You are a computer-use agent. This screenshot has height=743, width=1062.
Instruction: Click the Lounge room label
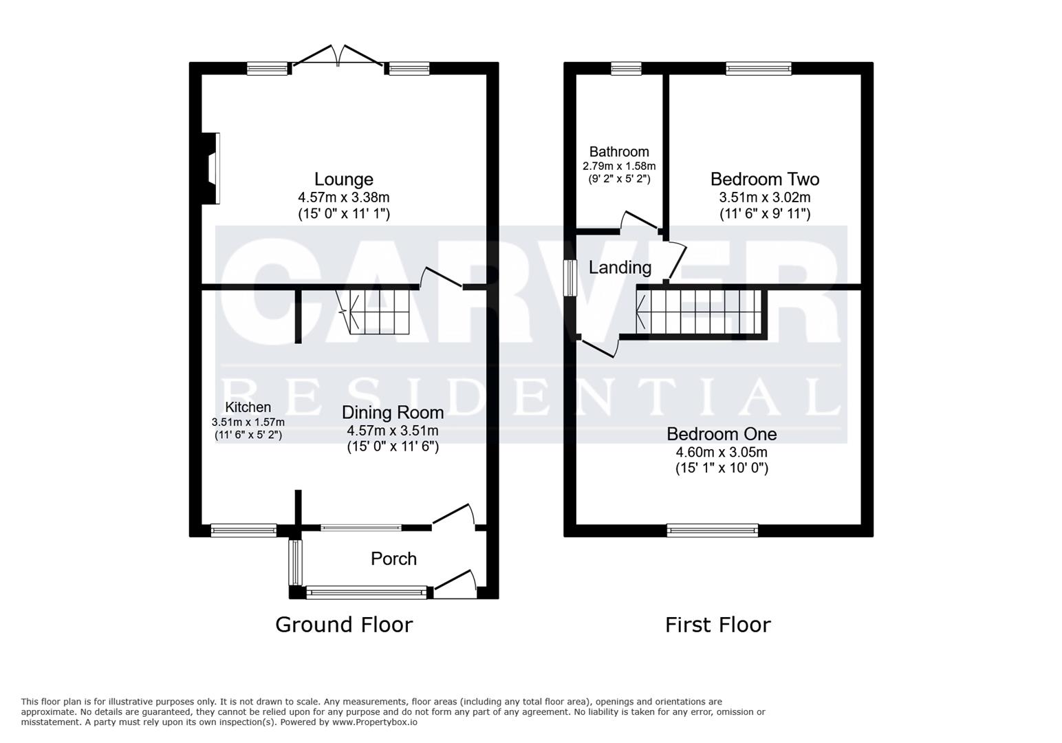[344, 180]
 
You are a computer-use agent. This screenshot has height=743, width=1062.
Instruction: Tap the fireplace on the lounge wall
[213, 169]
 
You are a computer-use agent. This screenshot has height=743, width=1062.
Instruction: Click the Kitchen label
[248, 407]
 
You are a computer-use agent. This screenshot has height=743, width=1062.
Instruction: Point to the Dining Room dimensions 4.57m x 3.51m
[392, 431]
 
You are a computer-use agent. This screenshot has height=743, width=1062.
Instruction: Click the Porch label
[393, 559]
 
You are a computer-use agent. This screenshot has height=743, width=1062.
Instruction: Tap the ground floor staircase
[378, 311]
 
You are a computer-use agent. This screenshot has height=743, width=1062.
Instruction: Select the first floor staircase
[700, 312]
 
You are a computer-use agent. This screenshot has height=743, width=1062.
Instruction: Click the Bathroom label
[619, 152]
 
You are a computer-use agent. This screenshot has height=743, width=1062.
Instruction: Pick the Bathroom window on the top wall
[626, 68]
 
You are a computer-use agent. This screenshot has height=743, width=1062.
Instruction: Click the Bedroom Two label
[764, 180]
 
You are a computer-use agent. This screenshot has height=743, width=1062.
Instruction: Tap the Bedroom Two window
[758, 68]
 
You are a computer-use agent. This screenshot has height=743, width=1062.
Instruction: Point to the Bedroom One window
[713, 530]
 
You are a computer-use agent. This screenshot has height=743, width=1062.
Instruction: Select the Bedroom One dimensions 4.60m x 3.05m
[722, 453]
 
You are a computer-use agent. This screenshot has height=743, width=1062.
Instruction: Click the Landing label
[620, 268]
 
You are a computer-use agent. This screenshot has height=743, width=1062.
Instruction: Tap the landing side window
[570, 277]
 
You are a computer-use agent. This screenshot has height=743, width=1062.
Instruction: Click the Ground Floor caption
[344, 625]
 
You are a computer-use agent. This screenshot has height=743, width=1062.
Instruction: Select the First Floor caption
[717, 625]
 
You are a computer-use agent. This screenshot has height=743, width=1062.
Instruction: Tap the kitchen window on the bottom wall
[243, 530]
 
